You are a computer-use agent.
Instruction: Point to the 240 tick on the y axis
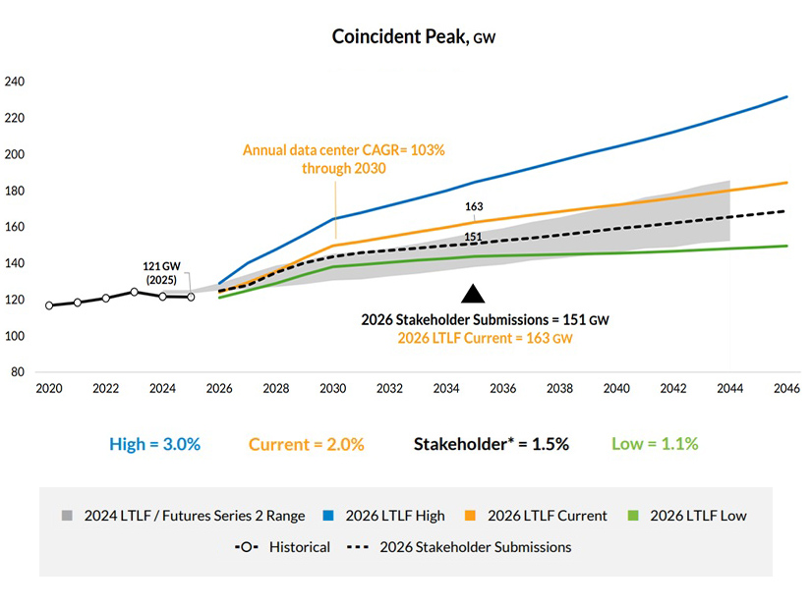[x=14, y=82]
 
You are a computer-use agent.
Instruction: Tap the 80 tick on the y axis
[x=17, y=372]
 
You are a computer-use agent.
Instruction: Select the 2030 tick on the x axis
[x=333, y=389]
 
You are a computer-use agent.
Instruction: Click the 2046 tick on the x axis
[x=786, y=389]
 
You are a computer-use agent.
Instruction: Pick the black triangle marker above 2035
[x=474, y=293]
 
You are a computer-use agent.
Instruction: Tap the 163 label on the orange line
[x=475, y=207]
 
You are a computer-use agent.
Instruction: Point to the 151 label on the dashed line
[x=474, y=236]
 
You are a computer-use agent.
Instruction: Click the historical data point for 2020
[x=49, y=305]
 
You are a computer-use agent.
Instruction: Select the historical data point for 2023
[x=134, y=292]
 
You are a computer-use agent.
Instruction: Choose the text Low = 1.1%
[x=654, y=444]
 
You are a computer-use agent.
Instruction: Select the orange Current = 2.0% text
[x=306, y=444]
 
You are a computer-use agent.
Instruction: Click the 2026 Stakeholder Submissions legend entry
[x=459, y=547]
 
